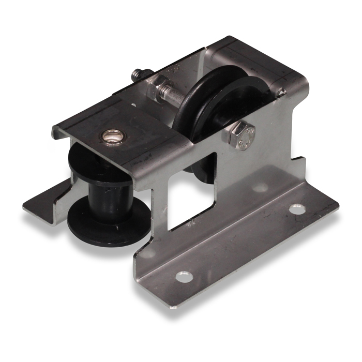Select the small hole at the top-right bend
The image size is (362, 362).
(281, 92)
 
